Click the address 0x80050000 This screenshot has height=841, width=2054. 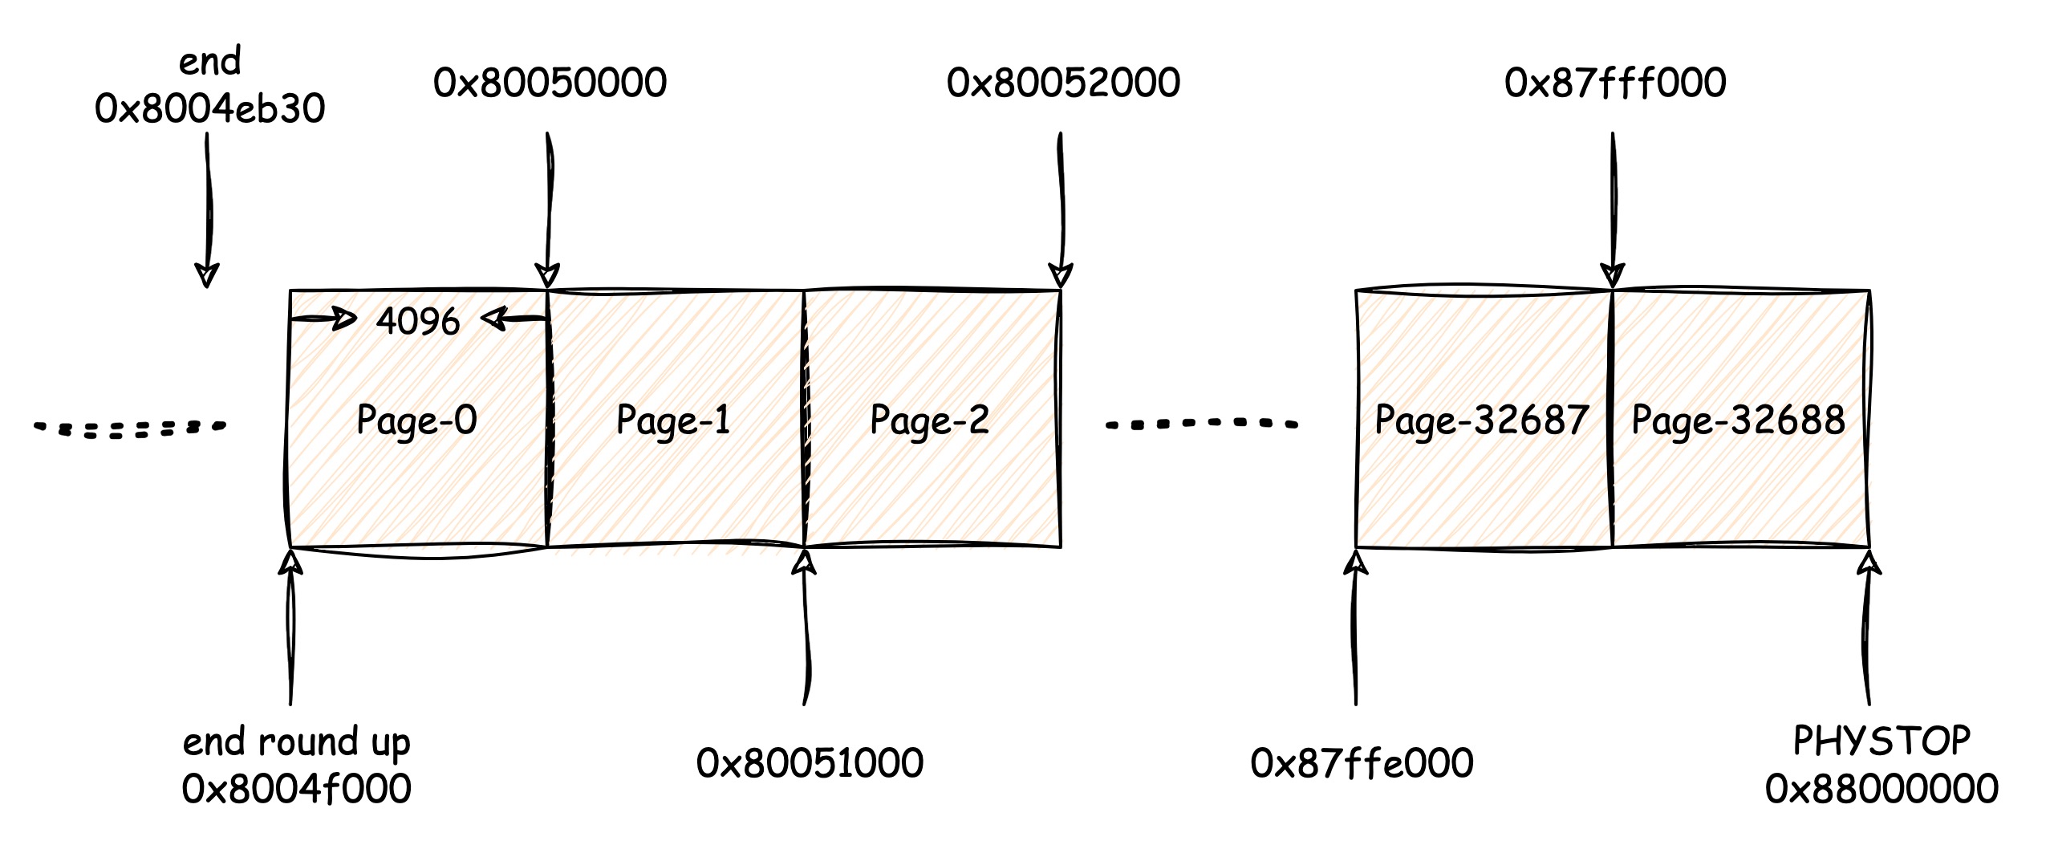point(550,83)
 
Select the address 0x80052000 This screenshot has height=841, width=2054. point(1063,83)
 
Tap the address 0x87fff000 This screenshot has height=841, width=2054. point(1615,83)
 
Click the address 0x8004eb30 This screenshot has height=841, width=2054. point(210,108)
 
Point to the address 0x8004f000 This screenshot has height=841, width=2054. point(297,789)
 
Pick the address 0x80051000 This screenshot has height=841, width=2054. point(810,763)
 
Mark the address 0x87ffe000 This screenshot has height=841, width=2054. point(1362,763)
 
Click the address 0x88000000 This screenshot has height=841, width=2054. point(1881,789)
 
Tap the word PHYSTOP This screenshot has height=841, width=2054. point(1881,741)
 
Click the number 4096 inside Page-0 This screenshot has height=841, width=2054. point(417,322)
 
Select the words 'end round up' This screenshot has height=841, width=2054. point(297,742)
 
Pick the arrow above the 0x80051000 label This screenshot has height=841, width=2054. point(804,626)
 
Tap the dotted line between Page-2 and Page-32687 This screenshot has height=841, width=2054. point(1201,424)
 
